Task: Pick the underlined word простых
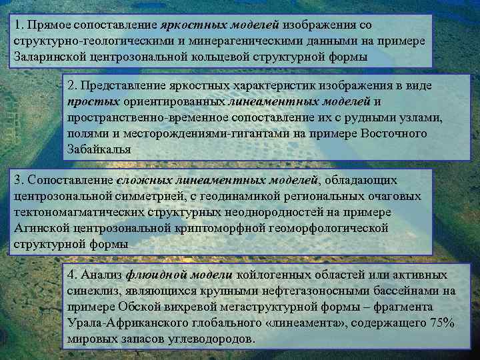pyautogui.click(x=93, y=102)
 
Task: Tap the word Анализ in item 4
pyautogui.click(x=101, y=275)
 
